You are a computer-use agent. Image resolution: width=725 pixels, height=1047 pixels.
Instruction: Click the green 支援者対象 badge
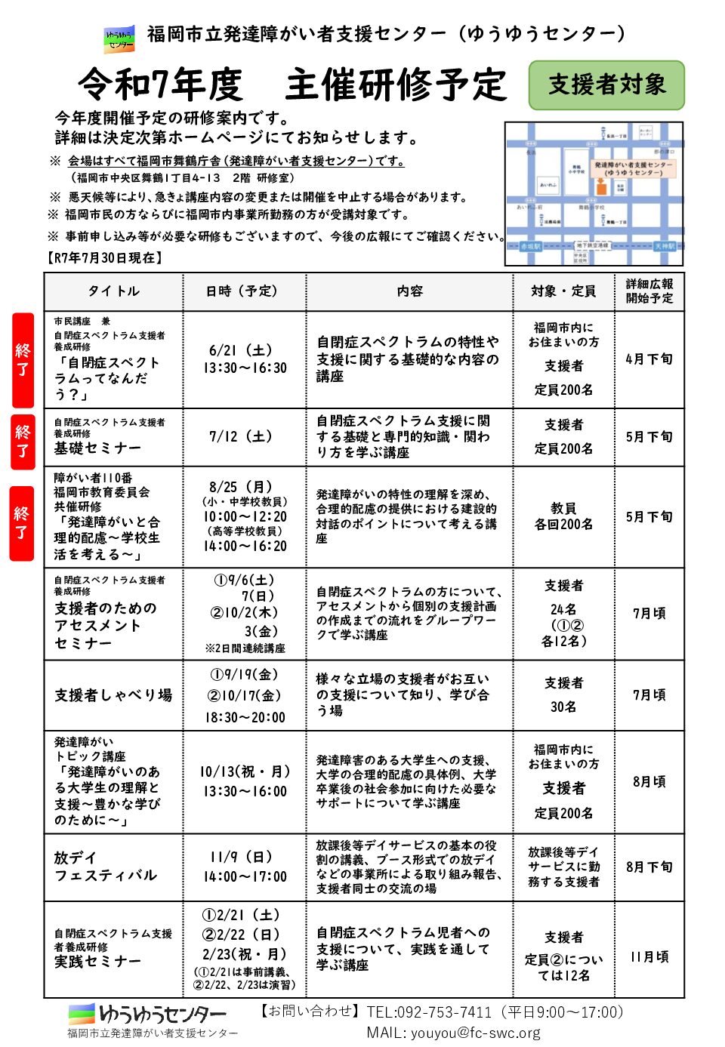606,85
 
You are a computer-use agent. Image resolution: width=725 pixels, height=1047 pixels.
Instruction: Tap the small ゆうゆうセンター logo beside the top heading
119,38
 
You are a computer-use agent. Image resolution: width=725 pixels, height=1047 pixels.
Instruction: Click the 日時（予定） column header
243,291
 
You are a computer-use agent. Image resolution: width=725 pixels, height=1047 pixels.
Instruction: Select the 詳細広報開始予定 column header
649,291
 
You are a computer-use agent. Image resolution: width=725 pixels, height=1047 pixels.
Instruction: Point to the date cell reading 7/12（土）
243,437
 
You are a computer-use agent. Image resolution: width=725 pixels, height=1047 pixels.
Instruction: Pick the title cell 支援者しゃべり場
113,695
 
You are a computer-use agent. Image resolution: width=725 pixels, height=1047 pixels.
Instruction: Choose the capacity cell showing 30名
563,707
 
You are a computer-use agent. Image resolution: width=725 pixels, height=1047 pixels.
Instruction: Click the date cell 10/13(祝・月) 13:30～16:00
243,781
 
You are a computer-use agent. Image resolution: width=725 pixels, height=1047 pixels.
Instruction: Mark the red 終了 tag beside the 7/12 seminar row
23,442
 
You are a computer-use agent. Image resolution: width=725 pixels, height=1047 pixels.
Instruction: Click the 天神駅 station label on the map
665,247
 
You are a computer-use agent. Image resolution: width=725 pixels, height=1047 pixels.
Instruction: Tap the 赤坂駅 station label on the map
530,247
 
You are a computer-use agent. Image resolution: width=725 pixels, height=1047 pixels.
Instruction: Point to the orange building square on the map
601,186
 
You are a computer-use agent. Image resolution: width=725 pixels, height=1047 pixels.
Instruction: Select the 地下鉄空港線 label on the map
593,246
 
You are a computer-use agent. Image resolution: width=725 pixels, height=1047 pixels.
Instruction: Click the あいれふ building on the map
548,184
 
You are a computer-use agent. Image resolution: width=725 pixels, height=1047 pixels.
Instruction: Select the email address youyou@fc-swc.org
476,1033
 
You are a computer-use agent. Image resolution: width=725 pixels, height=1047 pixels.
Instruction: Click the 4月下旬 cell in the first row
649,359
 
